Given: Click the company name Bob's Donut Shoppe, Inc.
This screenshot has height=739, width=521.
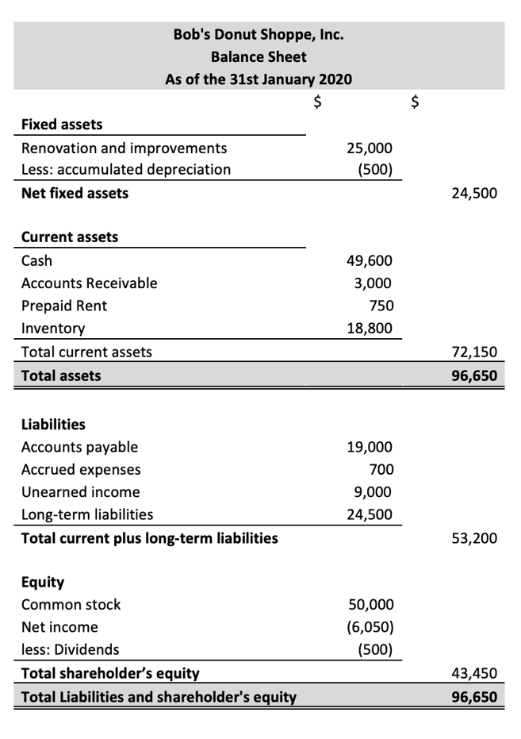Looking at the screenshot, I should [259, 35].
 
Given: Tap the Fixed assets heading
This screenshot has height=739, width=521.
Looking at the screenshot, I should [61, 124].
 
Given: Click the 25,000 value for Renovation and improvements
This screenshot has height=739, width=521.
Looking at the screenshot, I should [370, 148].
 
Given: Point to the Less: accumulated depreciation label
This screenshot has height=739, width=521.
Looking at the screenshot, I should [126, 169].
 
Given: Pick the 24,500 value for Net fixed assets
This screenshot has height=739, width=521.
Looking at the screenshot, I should [474, 193].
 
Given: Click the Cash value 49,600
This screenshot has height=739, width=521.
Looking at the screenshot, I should [370, 261].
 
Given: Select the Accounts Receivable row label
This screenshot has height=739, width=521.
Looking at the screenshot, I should [89, 283].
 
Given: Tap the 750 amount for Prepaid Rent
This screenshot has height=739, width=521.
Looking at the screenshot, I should [381, 306].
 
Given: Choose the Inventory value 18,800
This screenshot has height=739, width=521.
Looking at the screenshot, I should [370, 328].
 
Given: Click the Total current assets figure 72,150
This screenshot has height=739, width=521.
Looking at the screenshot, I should [474, 352].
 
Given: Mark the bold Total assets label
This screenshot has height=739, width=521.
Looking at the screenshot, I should [61, 375].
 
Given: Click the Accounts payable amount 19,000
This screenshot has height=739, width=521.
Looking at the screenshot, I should [370, 447].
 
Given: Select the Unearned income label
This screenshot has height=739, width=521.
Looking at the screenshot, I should [80, 491].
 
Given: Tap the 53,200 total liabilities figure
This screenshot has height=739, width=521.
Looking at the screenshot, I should [474, 539].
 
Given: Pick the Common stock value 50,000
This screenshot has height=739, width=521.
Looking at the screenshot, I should [370, 605].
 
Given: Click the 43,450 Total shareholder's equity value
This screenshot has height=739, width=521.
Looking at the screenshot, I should [474, 674].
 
